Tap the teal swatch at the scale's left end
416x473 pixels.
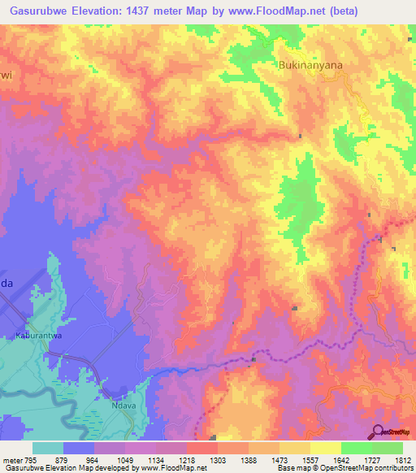[x=48, y=448]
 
